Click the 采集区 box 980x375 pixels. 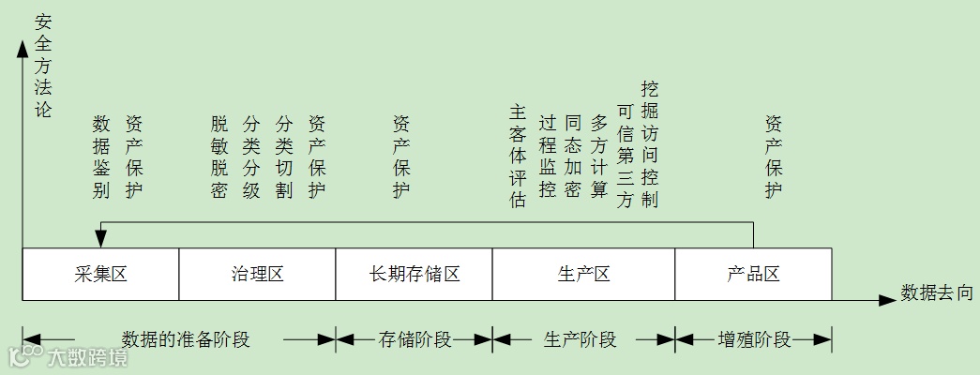[100, 275]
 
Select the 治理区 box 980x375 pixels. [257, 275]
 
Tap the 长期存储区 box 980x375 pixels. [414, 275]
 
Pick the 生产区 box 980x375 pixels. [583, 275]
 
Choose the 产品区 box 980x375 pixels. [753, 275]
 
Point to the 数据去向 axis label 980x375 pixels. [937, 293]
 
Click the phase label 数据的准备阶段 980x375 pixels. [186, 339]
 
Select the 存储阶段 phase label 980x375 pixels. [415, 339]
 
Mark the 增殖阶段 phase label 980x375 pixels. [754, 339]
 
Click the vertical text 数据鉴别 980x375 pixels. [102, 157]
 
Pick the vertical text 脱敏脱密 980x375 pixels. [219, 157]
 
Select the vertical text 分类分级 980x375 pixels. [251, 157]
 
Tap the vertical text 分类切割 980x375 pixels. [284, 157]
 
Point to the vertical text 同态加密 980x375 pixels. [574, 157]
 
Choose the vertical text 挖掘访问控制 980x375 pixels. [649, 144]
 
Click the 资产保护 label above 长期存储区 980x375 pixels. [401, 157]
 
